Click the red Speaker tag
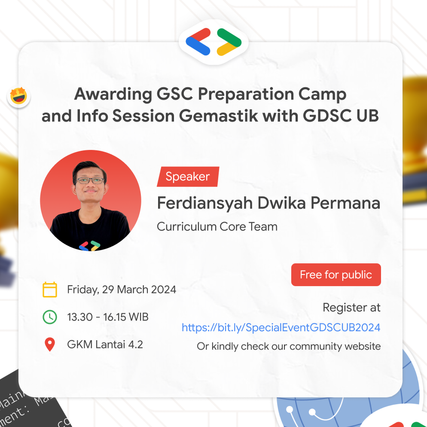point(188,177)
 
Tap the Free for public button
point(336,275)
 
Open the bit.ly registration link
point(281,327)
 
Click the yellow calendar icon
point(50,290)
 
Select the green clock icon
point(50,317)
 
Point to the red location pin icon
point(50,345)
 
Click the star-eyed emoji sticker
point(19,96)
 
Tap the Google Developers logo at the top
point(213,42)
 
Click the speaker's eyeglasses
point(90,180)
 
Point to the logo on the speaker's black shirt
point(89,246)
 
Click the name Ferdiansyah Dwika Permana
point(268,203)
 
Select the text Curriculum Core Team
point(217,226)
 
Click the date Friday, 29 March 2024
point(122,290)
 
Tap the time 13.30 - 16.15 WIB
point(108,317)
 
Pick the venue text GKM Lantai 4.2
point(105,345)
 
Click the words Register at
point(351,308)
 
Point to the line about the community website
point(289,346)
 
